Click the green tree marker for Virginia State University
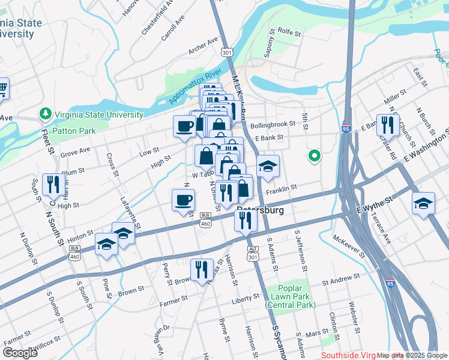pyautogui.click(x=45, y=113)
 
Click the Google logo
pyautogui.click(x=20, y=353)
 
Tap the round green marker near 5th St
pyautogui.click(x=313, y=157)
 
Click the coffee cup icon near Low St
pyautogui.click(x=184, y=125)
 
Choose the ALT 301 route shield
pyautogui.click(x=253, y=253)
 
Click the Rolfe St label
pyautogui.click(x=288, y=34)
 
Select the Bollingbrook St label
pyautogui.click(x=273, y=124)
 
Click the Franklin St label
pyautogui.click(x=282, y=188)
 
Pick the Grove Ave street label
pyautogui.click(x=75, y=151)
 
